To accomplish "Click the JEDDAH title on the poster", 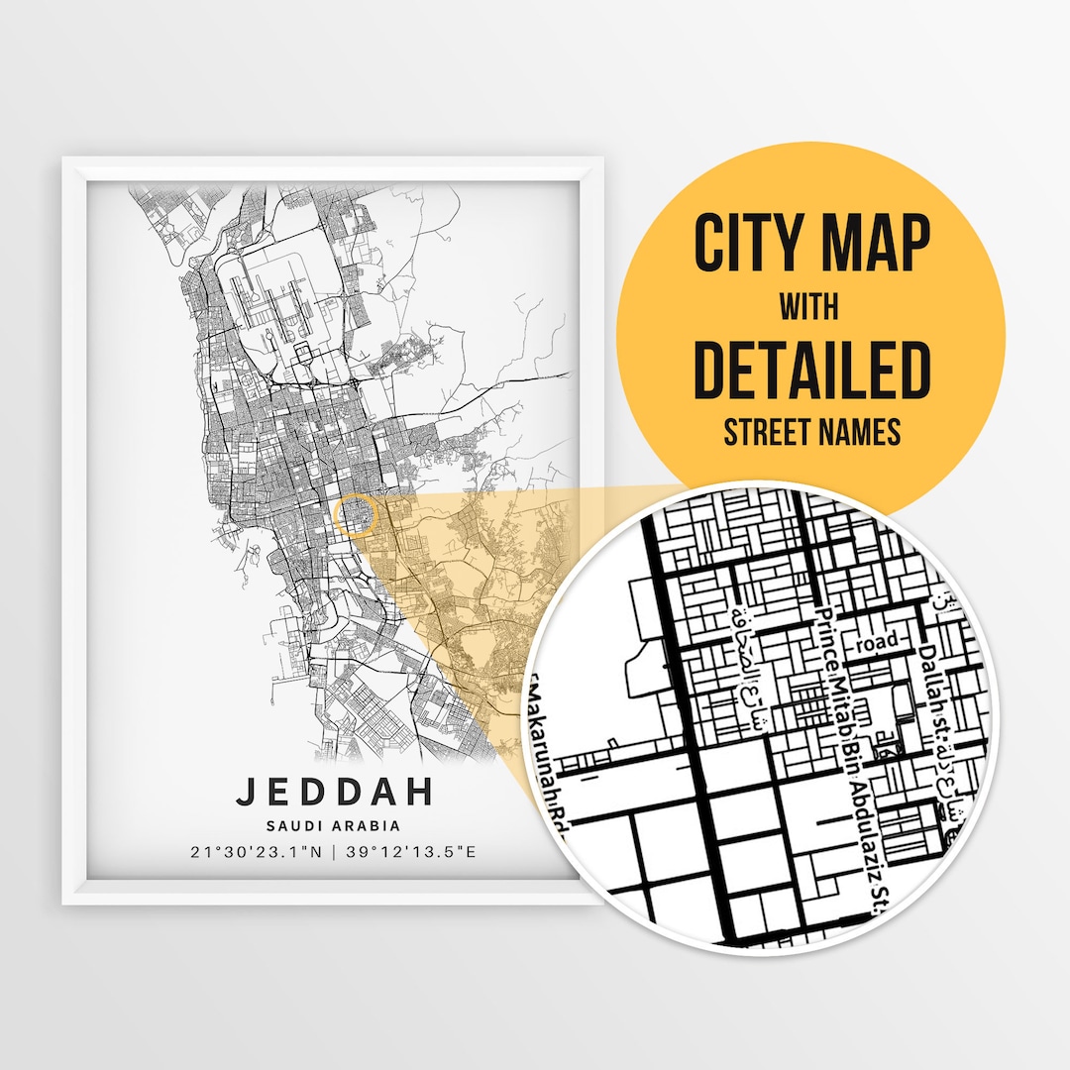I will [334, 792].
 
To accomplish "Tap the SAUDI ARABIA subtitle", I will [334, 825].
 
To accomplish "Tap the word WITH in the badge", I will [809, 308].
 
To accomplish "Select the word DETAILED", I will [810, 371].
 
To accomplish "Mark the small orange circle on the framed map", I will [357, 515].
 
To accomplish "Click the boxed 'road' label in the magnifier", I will [878, 642].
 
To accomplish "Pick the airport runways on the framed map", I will [267, 297].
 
